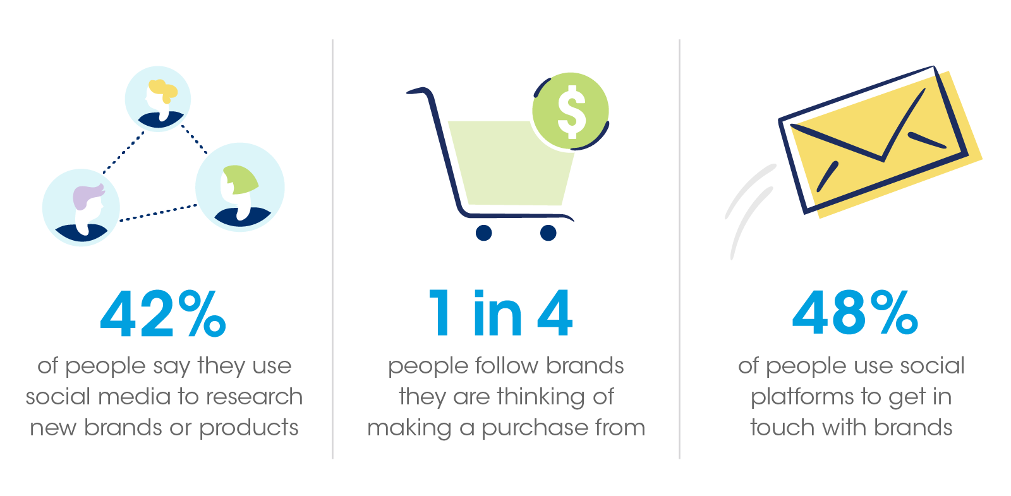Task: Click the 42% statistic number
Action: click(x=163, y=313)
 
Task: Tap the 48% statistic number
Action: click(x=855, y=312)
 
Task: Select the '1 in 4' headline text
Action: click(x=500, y=313)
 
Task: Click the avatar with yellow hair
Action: click(x=158, y=99)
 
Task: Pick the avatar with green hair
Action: click(x=240, y=187)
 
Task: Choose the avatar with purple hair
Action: click(x=82, y=208)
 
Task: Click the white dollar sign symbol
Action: click(x=572, y=111)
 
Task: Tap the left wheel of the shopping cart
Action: click(x=484, y=233)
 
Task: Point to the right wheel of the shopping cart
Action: click(x=548, y=233)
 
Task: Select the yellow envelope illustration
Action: click(x=880, y=142)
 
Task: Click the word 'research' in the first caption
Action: click(x=255, y=397)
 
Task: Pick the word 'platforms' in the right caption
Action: click(x=802, y=397)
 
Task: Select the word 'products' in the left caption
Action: click(x=249, y=428)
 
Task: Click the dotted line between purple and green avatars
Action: click(x=159, y=213)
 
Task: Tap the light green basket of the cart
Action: click(x=510, y=163)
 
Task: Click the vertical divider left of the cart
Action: click(x=332, y=249)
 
